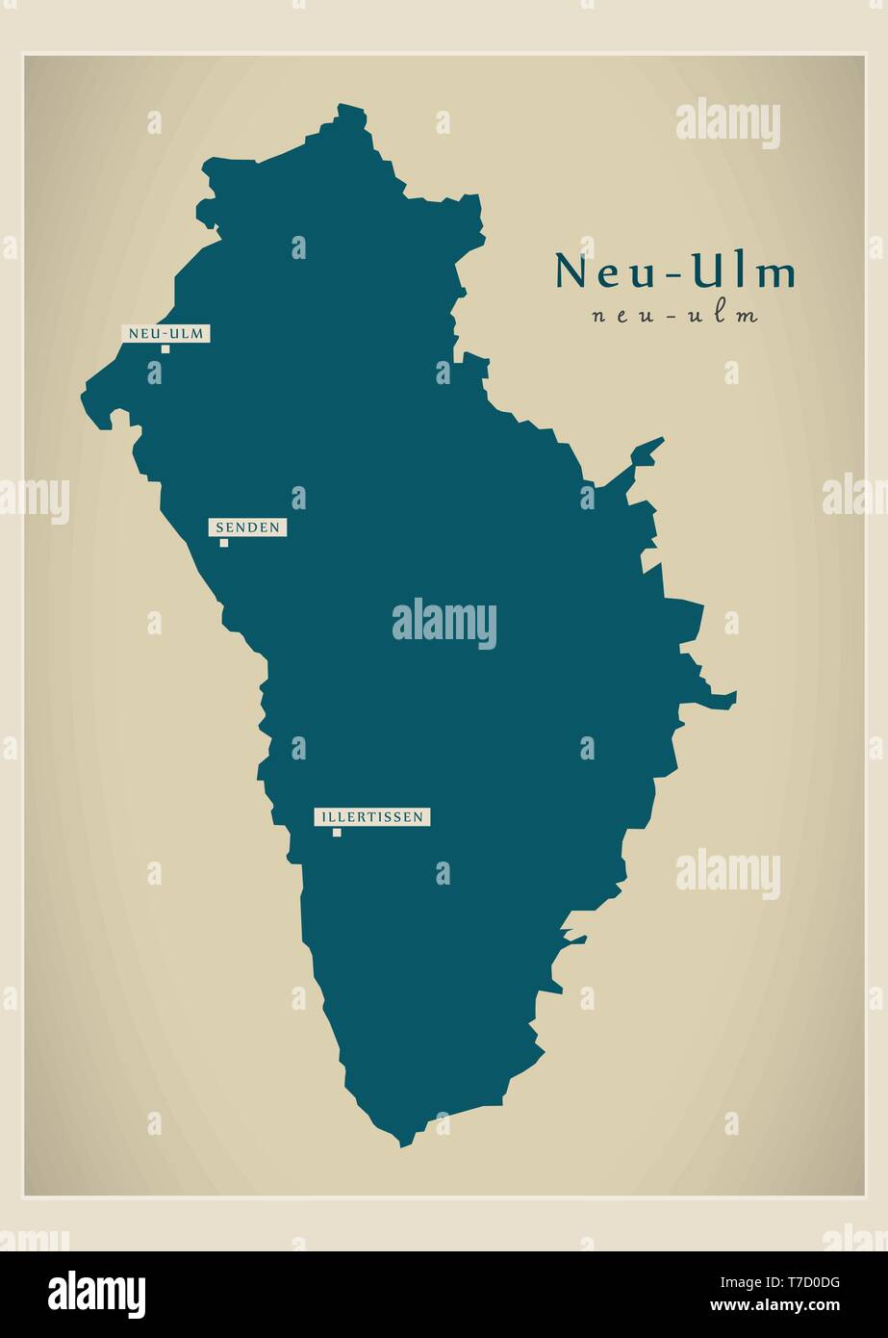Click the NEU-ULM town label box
click(165, 333)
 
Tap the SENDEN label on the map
click(247, 527)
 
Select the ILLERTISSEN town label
click(371, 817)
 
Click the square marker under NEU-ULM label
click(165, 349)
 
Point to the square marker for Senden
click(224, 543)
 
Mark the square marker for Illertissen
click(337, 833)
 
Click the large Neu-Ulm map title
click(674, 272)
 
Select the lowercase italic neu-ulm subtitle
click(674, 315)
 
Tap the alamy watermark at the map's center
click(444, 623)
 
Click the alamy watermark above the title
click(727, 122)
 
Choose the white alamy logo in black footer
click(96, 1295)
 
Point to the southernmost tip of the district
click(404, 1144)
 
